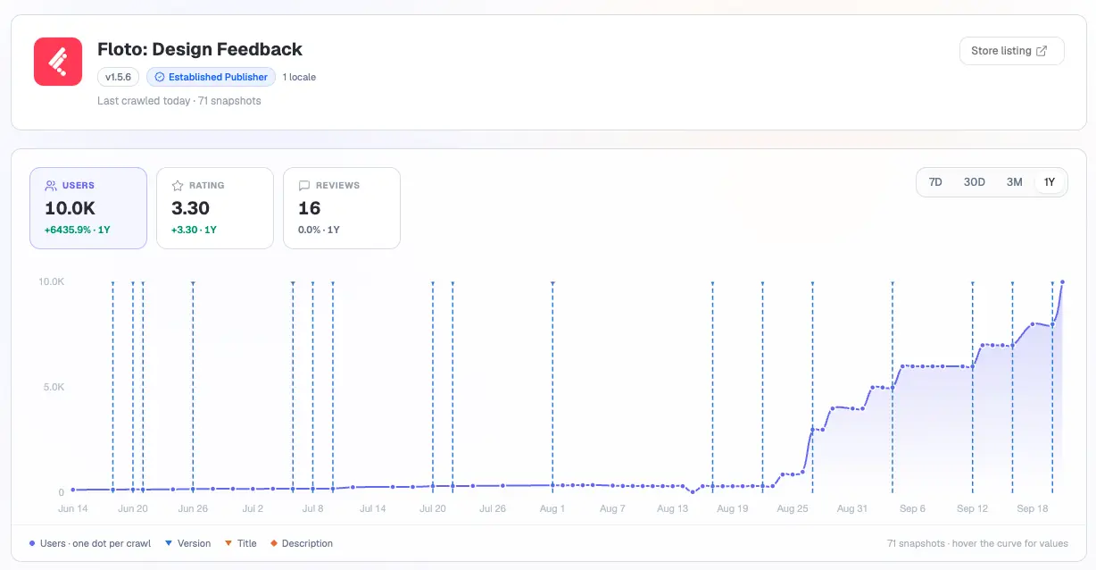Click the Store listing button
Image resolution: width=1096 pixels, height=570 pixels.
coord(1011,51)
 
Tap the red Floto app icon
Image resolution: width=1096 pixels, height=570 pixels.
coord(58,62)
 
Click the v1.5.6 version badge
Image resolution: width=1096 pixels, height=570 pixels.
coord(118,77)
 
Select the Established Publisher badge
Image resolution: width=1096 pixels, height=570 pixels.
coord(211,77)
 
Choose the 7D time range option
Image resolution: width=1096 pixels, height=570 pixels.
coord(935,182)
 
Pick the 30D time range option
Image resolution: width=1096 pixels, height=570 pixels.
coord(974,182)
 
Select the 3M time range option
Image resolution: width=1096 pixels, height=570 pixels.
coord(1014,182)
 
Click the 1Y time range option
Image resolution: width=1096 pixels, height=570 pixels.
coord(1049,182)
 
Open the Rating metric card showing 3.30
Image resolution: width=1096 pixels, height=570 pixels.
coord(215,208)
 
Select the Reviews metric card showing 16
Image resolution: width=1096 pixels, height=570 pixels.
coord(342,208)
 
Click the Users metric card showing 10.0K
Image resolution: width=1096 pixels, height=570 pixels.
coord(88,208)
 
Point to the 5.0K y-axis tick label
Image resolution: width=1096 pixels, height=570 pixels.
coord(54,387)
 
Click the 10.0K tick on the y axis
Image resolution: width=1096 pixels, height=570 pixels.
coord(52,281)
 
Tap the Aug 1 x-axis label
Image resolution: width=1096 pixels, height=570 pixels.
coord(552,508)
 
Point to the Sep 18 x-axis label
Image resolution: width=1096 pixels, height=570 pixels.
coord(1033,508)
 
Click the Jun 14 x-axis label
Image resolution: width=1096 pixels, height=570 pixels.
coord(73,508)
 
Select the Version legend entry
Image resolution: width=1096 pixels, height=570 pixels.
coord(188,543)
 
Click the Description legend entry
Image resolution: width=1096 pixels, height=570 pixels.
coord(302,543)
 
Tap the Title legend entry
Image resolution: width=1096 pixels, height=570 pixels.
coord(241,543)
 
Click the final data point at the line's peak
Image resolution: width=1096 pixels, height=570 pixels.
coord(1062,282)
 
